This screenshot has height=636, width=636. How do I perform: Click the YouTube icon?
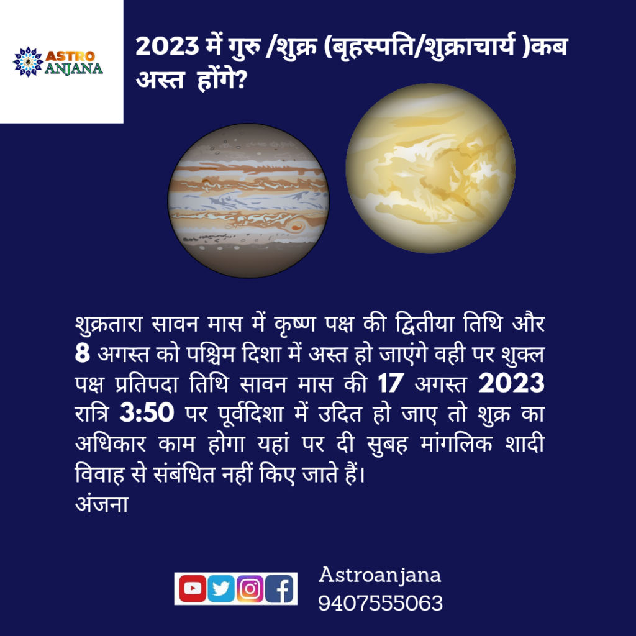coord(193,588)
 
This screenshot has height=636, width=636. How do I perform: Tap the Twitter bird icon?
coord(221,588)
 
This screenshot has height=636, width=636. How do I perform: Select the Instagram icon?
coord(250,588)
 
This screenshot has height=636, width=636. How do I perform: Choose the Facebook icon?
coord(279,588)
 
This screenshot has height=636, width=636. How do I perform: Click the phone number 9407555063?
coord(380,603)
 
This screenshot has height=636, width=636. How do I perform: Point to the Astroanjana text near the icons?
coord(379,576)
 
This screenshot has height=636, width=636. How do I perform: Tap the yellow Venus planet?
coord(430,168)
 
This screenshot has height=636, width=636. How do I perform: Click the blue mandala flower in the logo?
coord(28,61)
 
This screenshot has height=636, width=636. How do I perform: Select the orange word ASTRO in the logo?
coord(70,56)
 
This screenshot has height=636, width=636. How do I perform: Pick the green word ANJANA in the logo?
coord(73,68)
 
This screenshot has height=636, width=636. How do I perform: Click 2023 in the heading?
coord(167,46)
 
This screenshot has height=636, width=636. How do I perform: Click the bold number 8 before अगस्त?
coord(83,353)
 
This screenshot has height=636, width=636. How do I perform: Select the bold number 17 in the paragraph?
coord(391,383)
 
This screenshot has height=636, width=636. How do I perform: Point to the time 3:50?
coord(147,413)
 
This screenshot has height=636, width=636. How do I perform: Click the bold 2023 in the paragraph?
coord(511,383)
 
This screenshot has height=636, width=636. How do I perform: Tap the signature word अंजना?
coord(102,504)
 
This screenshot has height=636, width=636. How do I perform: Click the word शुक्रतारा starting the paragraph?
coord(109,324)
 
